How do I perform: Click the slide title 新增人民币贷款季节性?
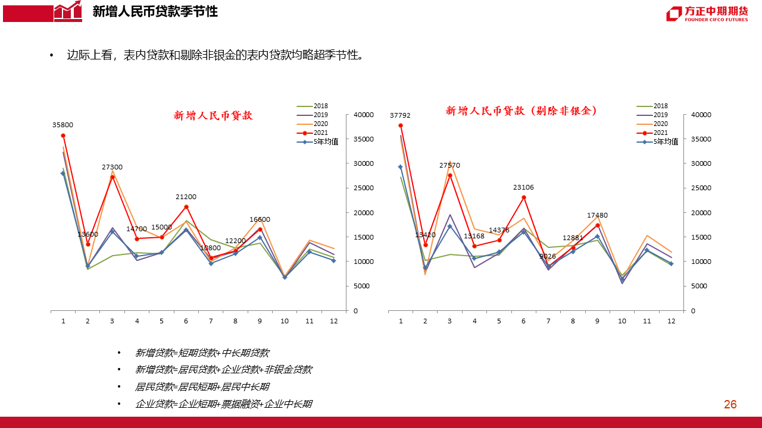[x=155, y=11]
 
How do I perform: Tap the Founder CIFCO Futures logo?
[x=707, y=14]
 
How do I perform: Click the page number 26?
[x=730, y=405]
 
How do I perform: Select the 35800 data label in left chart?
[x=63, y=125]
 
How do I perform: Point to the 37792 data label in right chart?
[x=400, y=115]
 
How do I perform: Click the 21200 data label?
[x=186, y=197]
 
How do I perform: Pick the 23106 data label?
[x=523, y=187]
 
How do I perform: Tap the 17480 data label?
[x=597, y=215]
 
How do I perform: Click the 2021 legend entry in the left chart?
[x=320, y=133]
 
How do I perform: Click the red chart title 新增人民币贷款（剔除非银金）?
[x=521, y=111]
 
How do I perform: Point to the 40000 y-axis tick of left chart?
[x=363, y=115]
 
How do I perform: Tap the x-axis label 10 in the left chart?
[x=285, y=321]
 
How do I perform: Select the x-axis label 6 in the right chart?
[x=523, y=321]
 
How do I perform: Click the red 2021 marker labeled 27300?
[x=112, y=177]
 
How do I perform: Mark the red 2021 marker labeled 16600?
[x=260, y=229]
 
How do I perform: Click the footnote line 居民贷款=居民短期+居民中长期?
[x=202, y=387]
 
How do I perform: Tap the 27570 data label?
[x=449, y=165]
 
